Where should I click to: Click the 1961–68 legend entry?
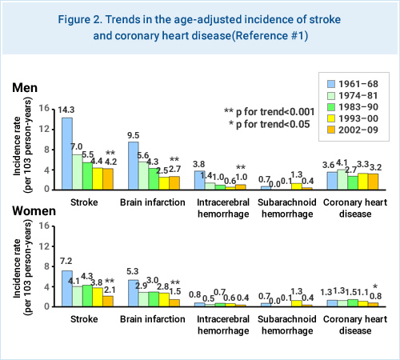352,83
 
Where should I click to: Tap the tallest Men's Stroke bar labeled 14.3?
67,153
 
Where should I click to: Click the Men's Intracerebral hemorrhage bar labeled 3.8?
200,179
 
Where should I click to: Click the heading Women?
34,212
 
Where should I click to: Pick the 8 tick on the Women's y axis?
50,266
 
